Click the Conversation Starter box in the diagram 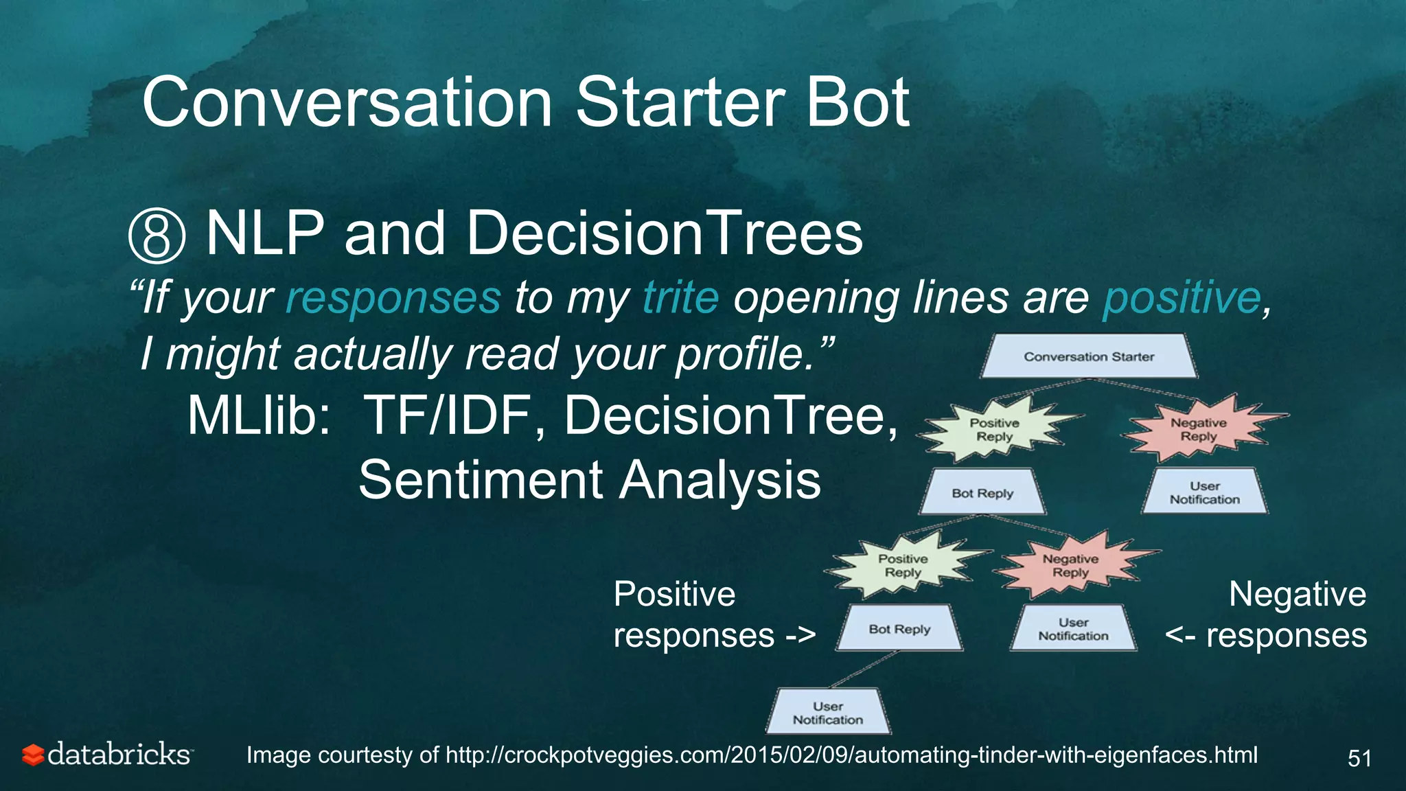[1089, 356]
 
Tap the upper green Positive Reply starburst [995, 430]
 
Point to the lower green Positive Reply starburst [903, 566]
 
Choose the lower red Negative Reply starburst [1070, 566]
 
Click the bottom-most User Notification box [828, 713]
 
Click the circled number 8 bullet [157, 236]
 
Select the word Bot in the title [857, 103]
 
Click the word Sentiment [481, 479]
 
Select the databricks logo [106, 755]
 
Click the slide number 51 [1359, 758]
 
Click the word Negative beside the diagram [1297, 594]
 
